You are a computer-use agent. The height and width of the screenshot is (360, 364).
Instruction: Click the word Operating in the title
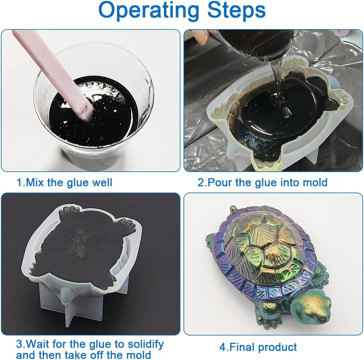tap(149, 11)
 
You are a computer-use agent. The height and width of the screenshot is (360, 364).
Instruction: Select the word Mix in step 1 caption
tap(35, 182)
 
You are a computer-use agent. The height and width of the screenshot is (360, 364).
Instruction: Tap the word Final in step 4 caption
tap(241, 347)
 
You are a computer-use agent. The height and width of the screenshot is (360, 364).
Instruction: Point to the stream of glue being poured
tap(277, 81)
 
